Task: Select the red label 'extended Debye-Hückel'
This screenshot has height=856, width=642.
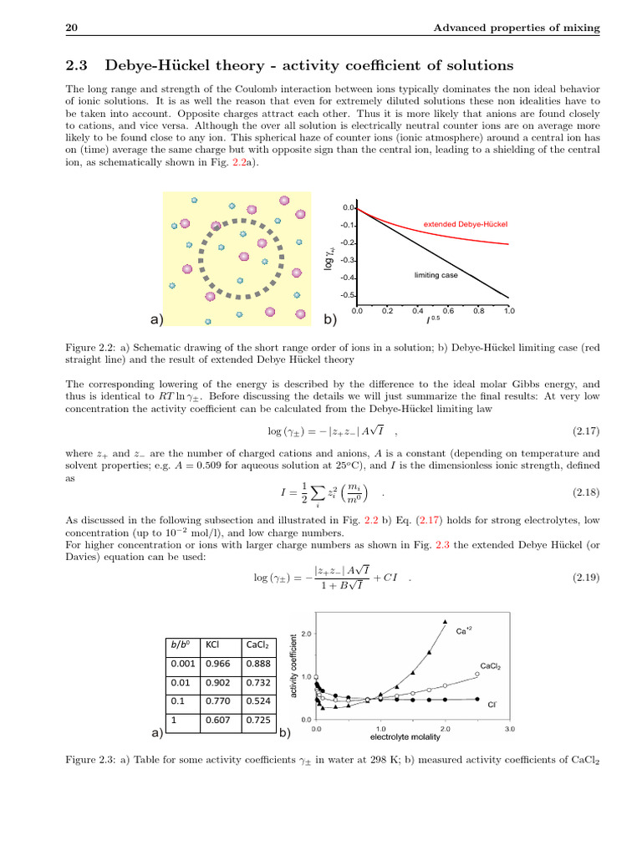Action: coord(466,224)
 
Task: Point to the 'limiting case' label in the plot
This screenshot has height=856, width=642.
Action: coord(436,275)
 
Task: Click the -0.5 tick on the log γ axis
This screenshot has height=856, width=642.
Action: coord(348,296)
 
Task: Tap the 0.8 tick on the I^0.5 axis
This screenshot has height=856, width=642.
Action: coord(478,310)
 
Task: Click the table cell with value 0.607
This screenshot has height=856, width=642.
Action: coord(218,719)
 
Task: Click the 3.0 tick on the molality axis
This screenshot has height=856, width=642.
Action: coord(510,729)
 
